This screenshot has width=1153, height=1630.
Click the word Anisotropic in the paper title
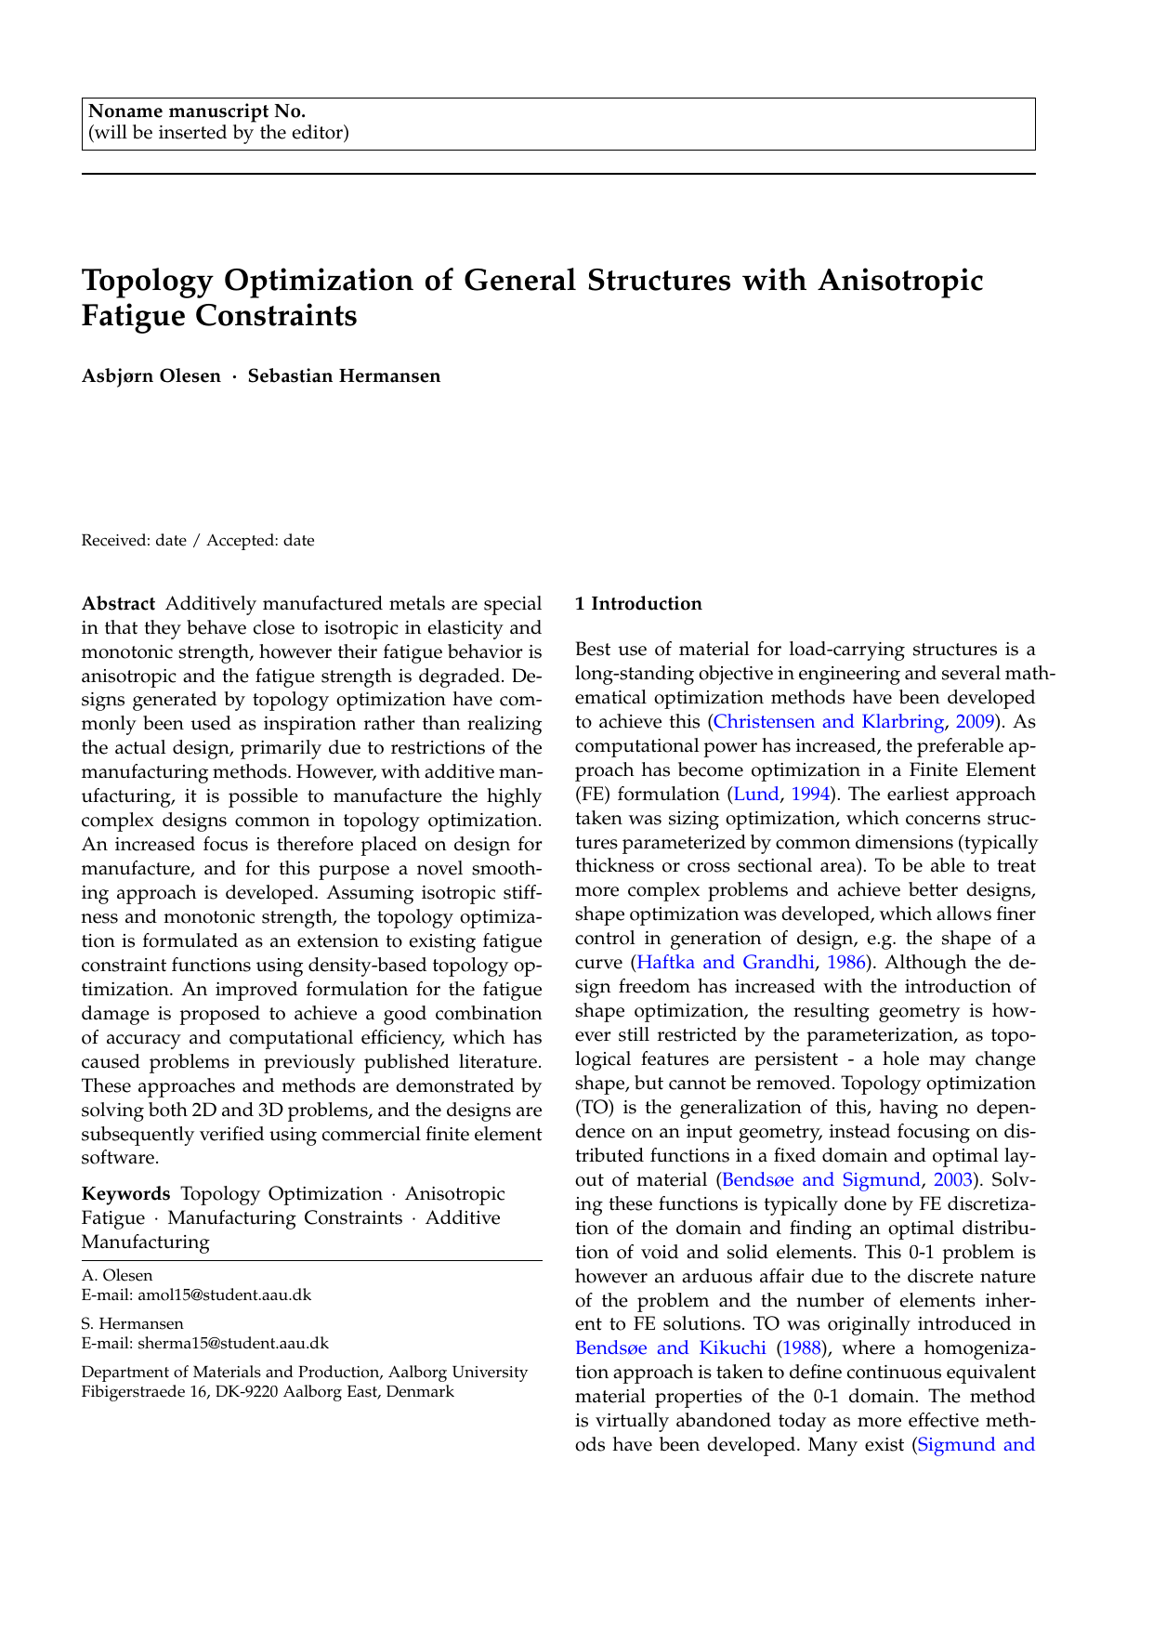[899, 280]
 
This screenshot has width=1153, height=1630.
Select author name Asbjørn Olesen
[151, 376]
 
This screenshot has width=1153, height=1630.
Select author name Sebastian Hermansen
[344, 376]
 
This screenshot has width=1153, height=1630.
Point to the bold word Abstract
[118, 605]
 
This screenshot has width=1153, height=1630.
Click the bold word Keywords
[126, 1194]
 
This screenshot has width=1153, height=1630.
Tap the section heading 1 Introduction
[638, 604]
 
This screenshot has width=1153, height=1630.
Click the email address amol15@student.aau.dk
[224, 1295]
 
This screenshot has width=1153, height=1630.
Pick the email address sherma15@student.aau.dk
[232, 1344]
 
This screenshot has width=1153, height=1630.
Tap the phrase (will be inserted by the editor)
[218, 133]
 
